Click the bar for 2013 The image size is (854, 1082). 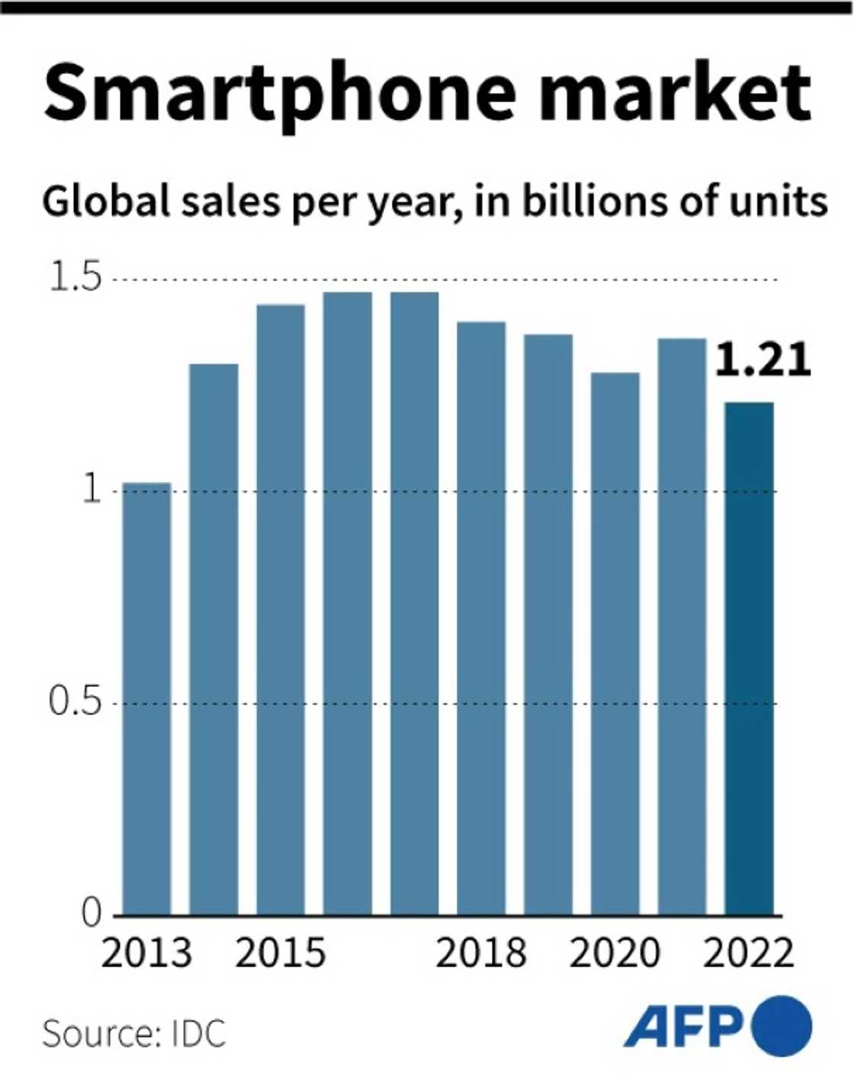pos(146,698)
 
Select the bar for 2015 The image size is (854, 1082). pos(281,610)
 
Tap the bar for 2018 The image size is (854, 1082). pos(481,618)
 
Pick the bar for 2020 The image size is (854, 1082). pos(615,644)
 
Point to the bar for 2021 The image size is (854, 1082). pos(682,626)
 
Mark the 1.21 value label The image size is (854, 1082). pos(762,360)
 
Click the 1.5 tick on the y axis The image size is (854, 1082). pos(75,278)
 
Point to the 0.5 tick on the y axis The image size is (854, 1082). pos(75,702)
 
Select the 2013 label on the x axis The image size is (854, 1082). pos(146,953)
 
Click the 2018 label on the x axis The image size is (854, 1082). pos(481,953)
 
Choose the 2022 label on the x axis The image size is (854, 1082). pos(750,953)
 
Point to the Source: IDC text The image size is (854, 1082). pos(134,1034)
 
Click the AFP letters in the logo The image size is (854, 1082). pos(684,1026)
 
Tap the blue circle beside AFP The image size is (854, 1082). pos(782,1026)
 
